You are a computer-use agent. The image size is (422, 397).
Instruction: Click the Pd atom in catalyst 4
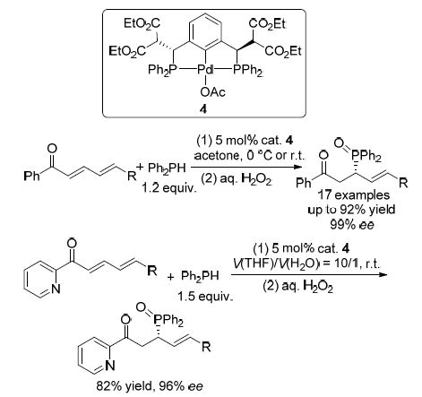[x=205, y=70]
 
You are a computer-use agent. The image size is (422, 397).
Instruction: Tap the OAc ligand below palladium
[x=213, y=92]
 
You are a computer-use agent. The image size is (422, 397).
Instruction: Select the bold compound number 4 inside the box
[x=203, y=109]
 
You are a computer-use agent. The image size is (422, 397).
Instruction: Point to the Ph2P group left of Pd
[x=163, y=71]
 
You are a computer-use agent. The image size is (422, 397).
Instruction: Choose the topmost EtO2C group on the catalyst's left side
[x=142, y=23]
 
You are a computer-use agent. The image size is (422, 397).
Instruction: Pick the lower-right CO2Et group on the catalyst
[x=283, y=52]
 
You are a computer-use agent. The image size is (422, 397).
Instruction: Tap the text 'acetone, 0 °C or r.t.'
[x=249, y=155]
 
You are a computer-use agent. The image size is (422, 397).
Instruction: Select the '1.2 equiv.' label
[x=169, y=188]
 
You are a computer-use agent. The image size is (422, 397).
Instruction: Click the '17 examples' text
[x=353, y=195]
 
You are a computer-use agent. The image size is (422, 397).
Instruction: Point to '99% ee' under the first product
[x=352, y=225]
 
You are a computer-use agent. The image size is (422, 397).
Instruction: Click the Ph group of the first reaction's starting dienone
[x=31, y=176]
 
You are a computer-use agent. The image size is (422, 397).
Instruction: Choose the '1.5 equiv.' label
[x=205, y=297]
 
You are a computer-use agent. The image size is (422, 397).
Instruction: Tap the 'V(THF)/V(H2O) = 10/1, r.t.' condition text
[x=306, y=263]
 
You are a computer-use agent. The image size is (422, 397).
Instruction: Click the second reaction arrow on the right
[x=310, y=274]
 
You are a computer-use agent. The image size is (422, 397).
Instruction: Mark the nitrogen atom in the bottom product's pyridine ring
[x=110, y=366]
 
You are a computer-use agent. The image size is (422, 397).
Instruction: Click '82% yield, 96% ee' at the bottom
[x=150, y=386]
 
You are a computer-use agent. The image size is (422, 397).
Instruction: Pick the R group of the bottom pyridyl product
[x=206, y=347]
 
